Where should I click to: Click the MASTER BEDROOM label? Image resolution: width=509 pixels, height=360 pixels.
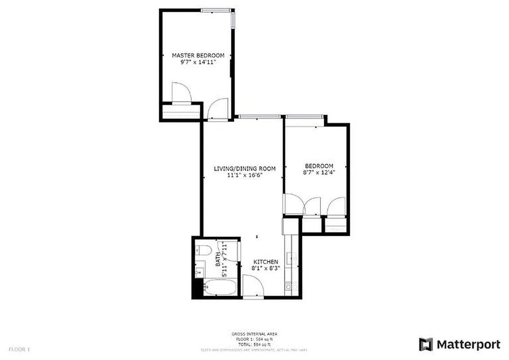[198, 55]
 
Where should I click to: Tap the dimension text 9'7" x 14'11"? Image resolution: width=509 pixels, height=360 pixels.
[198, 63]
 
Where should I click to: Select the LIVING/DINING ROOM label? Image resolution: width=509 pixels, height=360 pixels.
[244, 169]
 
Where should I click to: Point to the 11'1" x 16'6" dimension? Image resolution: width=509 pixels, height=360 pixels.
[244, 175]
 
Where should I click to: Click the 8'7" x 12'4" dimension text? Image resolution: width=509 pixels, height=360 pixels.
[319, 172]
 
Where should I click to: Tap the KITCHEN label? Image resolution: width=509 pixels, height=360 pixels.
[266, 262]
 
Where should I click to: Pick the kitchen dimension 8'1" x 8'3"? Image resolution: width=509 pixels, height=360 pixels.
[266, 269]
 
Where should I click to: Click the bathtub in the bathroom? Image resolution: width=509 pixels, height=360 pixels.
[220, 288]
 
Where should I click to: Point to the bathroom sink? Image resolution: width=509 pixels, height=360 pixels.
[199, 272]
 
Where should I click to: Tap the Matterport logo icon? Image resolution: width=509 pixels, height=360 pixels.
[425, 345]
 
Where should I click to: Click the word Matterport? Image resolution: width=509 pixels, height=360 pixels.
[468, 345]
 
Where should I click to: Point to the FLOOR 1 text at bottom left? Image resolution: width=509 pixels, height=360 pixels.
[19, 349]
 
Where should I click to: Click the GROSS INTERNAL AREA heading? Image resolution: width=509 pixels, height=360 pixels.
[254, 334]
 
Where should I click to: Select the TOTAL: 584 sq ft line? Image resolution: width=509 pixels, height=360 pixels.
[254, 344]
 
